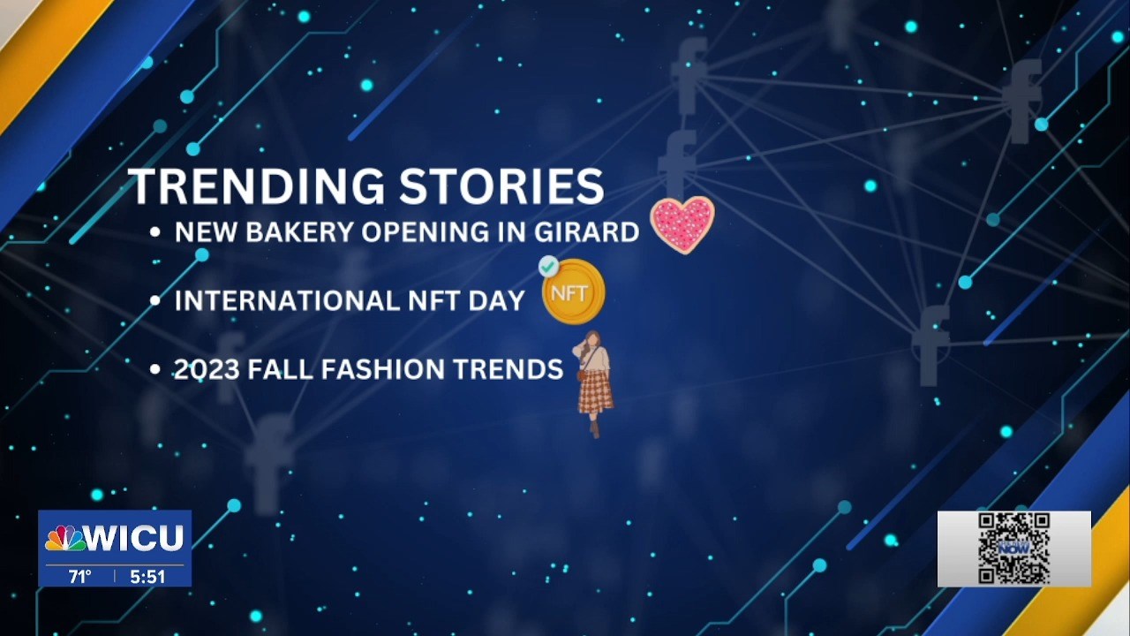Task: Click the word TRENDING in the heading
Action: [x=256, y=185]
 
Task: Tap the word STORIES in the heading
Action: [x=502, y=185]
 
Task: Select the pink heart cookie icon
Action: [x=682, y=225]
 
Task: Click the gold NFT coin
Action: [x=574, y=291]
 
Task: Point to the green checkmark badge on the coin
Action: [x=548, y=266]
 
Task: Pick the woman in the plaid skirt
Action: [x=594, y=383]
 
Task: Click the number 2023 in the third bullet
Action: [x=207, y=369]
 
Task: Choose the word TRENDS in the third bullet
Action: [x=501, y=369]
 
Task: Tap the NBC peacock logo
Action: [x=65, y=538]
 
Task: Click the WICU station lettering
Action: [x=135, y=538]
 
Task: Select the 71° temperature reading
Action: [x=79, y=577]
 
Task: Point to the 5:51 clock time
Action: [x=147, y=577]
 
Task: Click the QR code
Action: [x=1014, y=549]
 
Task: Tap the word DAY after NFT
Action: [x=497, y=301]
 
